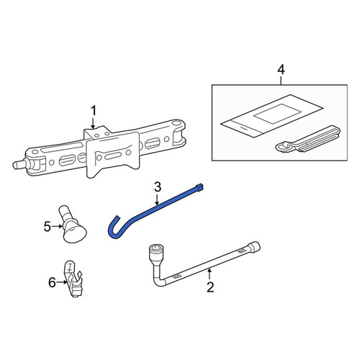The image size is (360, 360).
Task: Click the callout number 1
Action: point(93,111)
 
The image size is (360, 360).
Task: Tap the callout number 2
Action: point(210,287)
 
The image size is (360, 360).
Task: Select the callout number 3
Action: point(158,187)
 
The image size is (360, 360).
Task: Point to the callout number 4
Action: point(281,70)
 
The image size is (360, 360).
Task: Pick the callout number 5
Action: point(48,226)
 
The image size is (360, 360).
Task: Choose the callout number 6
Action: point(52,282)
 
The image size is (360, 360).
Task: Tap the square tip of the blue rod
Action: point(199,187)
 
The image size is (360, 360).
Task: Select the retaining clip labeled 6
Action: point(73,279)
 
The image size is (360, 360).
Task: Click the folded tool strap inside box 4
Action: point(308,140)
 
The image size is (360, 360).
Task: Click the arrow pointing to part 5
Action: point(58,226)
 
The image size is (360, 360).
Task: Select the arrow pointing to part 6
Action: point(62,282)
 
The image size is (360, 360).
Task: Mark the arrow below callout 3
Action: point(157,199)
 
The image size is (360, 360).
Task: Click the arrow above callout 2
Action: point(210,274)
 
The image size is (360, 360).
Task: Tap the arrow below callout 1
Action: point(93,122)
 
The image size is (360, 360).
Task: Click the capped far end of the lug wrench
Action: point(254,246)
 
